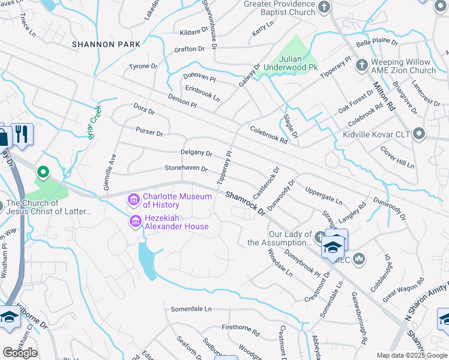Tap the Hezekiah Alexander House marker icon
click(135, 222)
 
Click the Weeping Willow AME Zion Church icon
click(361, 65)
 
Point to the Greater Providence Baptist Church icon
click(324, 8)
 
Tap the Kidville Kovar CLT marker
click(418, 133)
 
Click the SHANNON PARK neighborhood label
click(106, 44)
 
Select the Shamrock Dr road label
click(246, 203)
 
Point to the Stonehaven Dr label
click(186, 169)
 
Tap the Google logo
click(20, 353)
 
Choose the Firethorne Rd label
click(240, 329)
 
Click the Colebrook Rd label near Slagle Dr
click(268, 134)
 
